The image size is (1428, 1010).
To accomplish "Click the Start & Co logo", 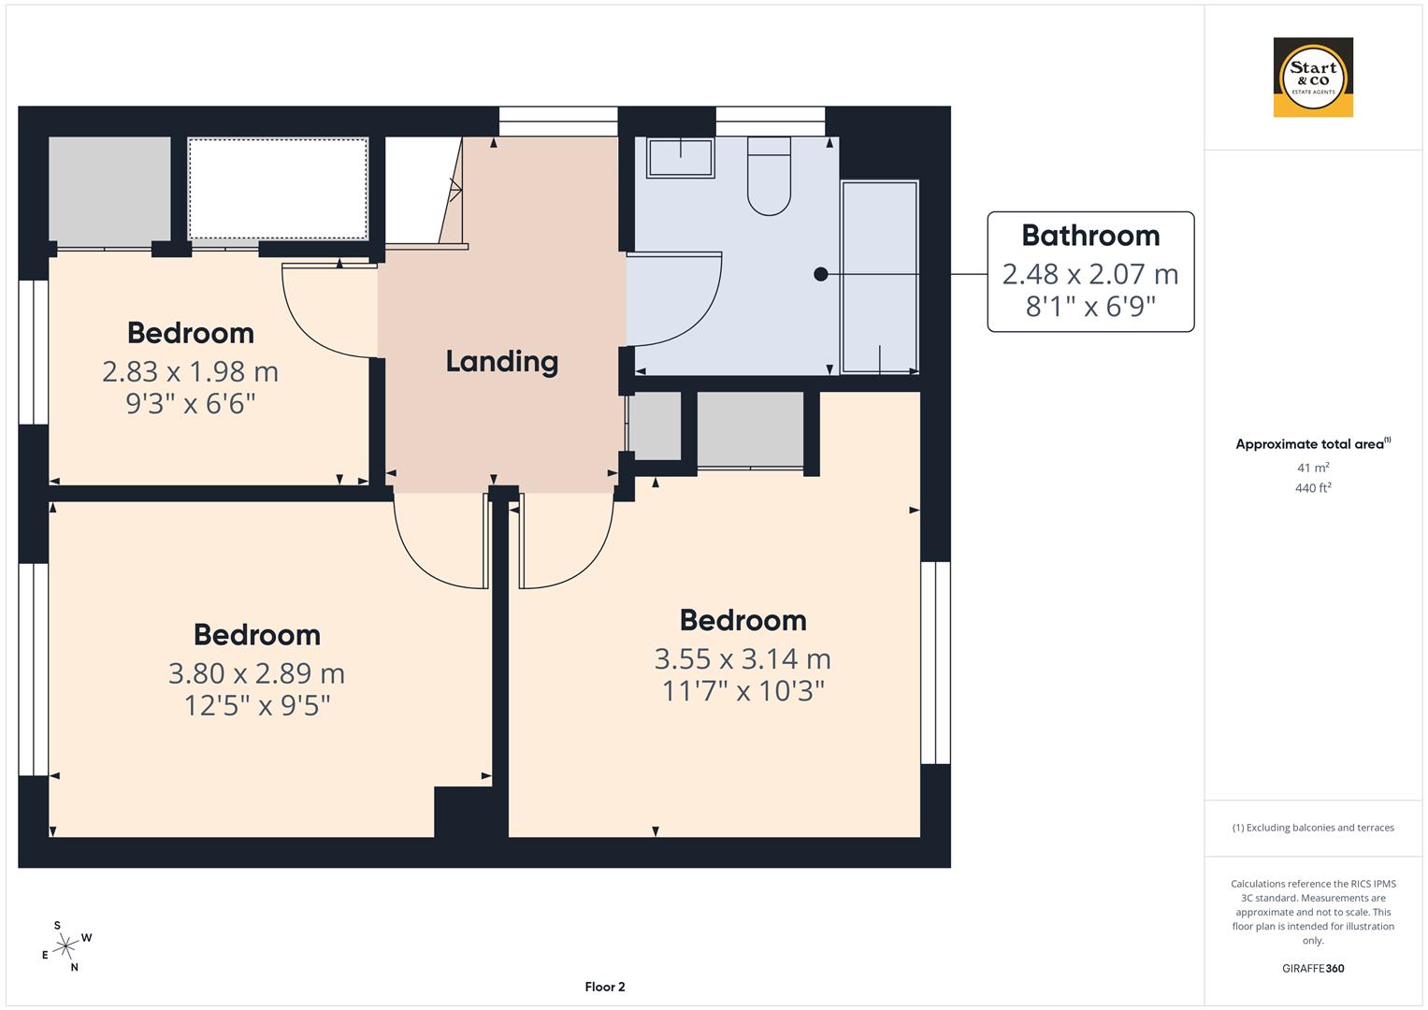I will tap(1313, 77).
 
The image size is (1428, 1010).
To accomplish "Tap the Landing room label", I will tap(501, 362).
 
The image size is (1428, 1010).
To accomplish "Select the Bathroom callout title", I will tap(1090, 236).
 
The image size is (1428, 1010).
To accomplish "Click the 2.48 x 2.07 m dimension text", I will tap(1090, 274).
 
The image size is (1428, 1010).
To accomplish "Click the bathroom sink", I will tap(680, 157).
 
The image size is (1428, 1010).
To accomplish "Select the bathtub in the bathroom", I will tap(880, 277).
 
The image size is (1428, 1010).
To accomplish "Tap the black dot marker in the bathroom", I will tap(820, 274).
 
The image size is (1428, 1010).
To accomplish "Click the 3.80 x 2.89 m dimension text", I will tap(256, 673).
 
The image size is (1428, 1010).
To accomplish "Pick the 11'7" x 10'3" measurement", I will tap(743, 691).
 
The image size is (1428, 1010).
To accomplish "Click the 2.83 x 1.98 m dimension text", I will tap(190, 372).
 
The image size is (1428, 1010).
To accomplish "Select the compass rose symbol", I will tap(65, 946).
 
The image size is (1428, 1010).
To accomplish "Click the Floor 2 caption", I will tap(604, 987).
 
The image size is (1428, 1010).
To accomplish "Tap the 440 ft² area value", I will tap(1313, 488).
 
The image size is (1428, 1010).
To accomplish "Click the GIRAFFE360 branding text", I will tap(1313, 968).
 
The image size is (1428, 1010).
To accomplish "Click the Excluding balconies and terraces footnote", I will tap(1313, 828).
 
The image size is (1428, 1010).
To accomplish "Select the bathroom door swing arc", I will tap(687, 299).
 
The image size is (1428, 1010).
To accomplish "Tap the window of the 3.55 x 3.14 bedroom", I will tap(935, 662).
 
